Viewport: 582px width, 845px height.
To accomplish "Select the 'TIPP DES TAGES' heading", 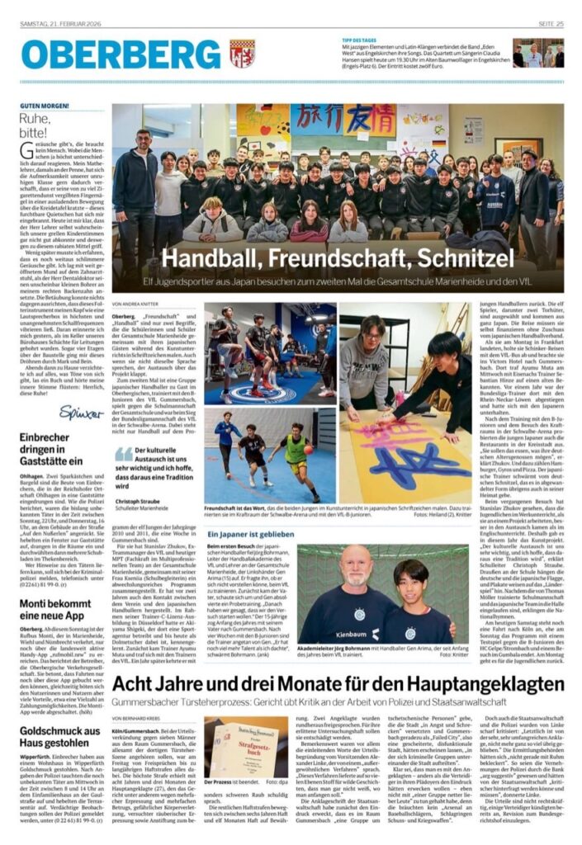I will point(361,40).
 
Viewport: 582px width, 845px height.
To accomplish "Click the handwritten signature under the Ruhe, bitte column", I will point(81,410).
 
